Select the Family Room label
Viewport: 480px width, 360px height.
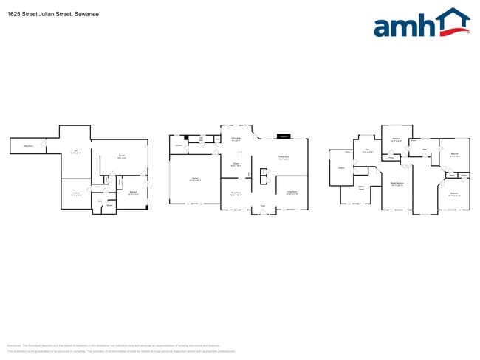click(283, 157)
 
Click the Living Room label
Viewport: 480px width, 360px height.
click(292, 192)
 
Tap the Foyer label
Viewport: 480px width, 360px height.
click(262, 206)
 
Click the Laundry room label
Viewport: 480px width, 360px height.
click(179, 145)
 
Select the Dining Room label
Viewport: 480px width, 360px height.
click(236, 193)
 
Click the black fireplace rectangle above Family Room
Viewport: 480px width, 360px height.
click(283, 136)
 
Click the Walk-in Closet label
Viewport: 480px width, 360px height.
click(362, 187)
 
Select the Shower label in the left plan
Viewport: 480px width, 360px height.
click(109, 205)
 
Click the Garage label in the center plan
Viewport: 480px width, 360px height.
click(195, 179)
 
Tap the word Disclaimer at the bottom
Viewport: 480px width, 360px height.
click(13, 345)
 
